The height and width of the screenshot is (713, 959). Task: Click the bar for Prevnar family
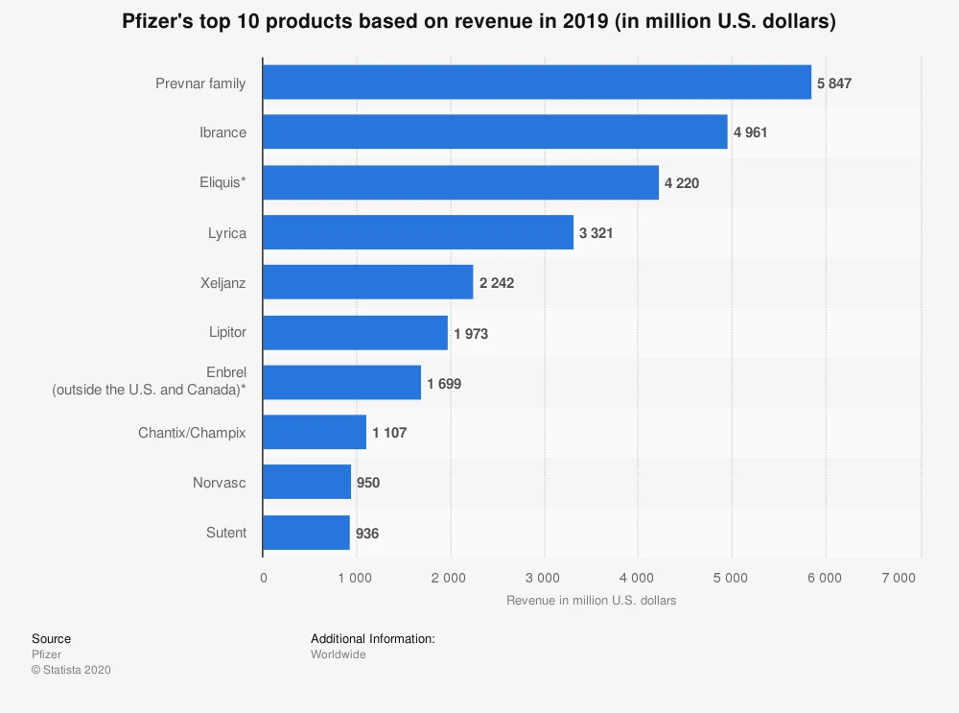537,83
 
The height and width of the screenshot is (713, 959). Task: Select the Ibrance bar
495,132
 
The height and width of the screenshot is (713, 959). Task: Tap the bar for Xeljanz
368,282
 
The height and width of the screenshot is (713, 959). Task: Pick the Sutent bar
306,533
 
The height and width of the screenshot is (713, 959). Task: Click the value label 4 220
682,182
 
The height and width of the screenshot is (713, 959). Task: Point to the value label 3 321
596,232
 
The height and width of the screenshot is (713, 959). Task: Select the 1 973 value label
471,332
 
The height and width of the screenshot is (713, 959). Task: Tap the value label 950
368,483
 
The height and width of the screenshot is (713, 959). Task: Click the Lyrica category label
227,232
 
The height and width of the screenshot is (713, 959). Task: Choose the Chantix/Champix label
192,433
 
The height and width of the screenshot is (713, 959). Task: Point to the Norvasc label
219,483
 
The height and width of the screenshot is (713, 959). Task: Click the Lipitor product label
227,332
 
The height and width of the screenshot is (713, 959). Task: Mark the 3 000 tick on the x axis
543,578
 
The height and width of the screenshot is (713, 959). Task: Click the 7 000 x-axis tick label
899,578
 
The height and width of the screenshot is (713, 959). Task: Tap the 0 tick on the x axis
264,578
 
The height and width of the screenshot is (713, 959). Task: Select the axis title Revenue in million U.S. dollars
591,601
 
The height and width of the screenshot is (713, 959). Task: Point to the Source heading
51,638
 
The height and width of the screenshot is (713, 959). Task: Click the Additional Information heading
373,638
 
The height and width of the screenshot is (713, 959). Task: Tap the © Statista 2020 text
71,670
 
